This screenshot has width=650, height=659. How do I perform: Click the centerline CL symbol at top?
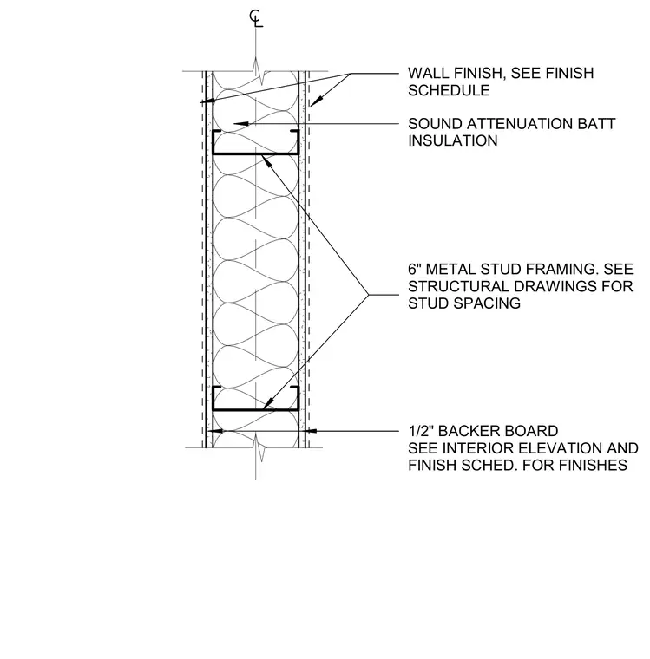(x=256, y=19)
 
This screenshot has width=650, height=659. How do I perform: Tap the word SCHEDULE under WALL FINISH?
(x=449, y=90)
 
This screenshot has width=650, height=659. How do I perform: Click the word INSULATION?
(x=453, y=140)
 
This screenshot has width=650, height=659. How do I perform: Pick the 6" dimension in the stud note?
(x=414, y=269)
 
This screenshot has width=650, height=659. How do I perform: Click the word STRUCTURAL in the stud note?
(x=457, y=286)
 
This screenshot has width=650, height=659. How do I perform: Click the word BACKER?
(x=467, y=431)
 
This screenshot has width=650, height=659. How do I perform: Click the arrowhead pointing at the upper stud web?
(x=267, y=160)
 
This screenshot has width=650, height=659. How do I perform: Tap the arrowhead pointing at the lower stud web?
(x=268, y=404)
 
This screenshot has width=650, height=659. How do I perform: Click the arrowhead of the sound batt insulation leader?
(x=240, y=123)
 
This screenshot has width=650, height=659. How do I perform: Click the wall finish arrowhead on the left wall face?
(x=207, y=101)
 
